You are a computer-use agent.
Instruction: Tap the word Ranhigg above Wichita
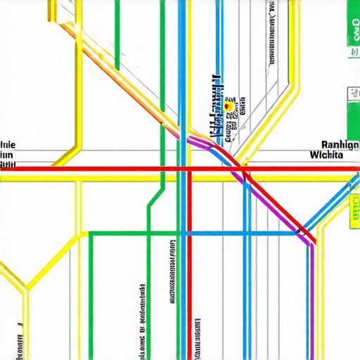tap(335, 143)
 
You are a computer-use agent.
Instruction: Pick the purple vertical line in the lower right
tap(309, 302)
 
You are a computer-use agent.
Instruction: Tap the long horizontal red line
tap(105, 169)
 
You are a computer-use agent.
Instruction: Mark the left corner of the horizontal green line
tap(90, 233)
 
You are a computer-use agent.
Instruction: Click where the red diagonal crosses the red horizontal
tap(243, 169)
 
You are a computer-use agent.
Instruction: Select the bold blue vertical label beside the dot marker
tap(219, 105)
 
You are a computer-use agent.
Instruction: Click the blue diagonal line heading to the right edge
tap(330, 204)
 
